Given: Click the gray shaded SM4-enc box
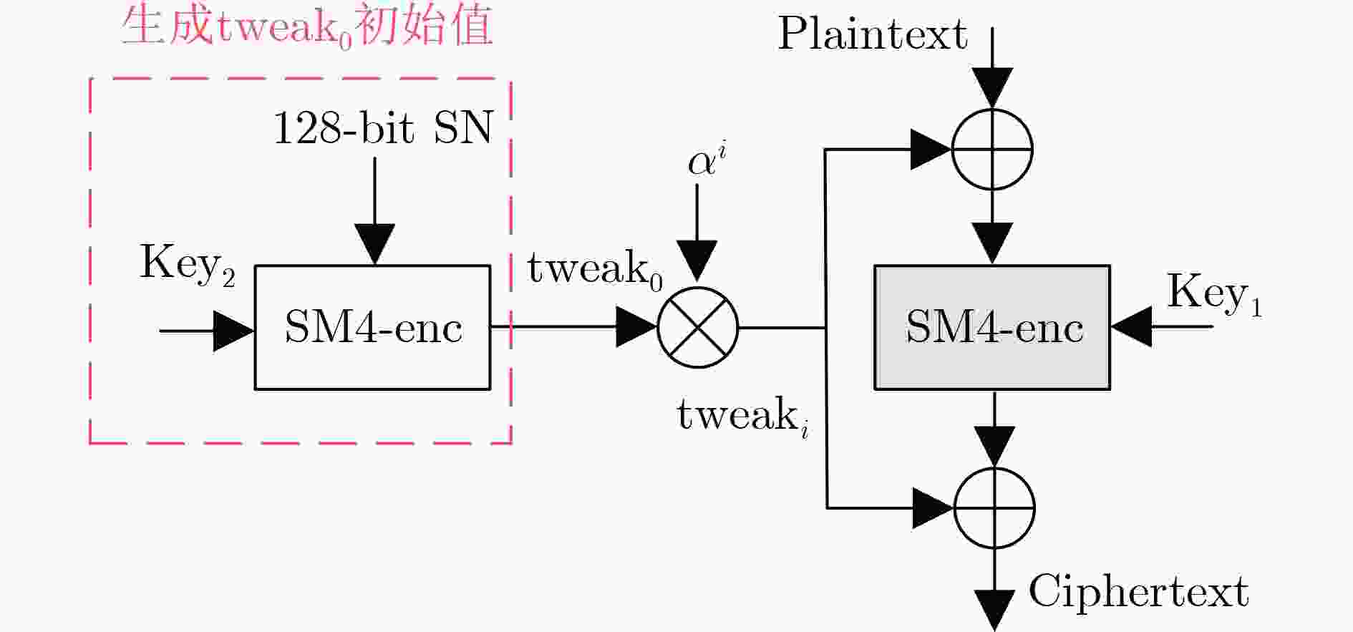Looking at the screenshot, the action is click(992, 328).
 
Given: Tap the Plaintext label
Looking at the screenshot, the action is click(873, 34).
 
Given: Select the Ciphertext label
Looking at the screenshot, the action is click(1138, 592).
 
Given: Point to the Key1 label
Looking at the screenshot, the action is click(1214, 293).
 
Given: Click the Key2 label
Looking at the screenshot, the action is click(188, 264).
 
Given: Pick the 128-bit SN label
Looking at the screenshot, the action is click(384, 128).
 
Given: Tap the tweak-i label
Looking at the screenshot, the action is click(743, 416).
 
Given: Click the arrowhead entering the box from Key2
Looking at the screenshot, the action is click(234, 331).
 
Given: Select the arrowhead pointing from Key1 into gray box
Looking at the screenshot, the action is click(1131, 327).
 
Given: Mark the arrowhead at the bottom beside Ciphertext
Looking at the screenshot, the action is click(994, 611).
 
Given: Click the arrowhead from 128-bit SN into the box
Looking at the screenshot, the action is click(374, 245).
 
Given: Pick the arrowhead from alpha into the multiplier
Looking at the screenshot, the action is click(697, 261).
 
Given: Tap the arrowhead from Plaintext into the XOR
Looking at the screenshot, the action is click(992, 89).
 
